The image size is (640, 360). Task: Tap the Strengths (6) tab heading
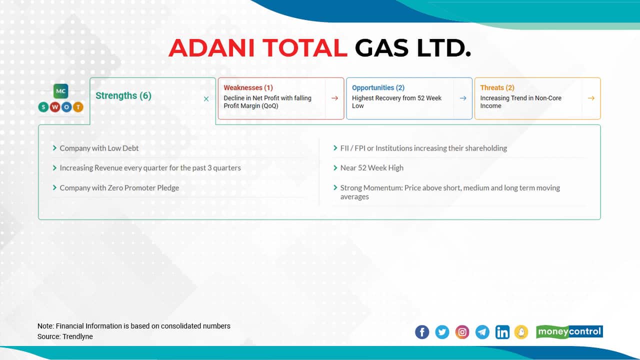click(123, 95)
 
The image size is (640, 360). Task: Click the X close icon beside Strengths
click(206, 99)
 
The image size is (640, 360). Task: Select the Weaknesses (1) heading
click(248, 87)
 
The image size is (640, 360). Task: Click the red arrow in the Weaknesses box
click(334, 98)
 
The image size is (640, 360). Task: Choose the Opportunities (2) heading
click(378, 87)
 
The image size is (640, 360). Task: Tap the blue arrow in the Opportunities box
click(462, 98)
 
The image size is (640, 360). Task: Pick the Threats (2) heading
click(497, 87)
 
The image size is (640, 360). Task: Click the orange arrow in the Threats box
click(591, 98)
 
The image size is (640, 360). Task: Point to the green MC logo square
click(61, 91)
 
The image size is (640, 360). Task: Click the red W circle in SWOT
click(55, 107)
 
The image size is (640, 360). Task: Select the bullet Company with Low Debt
click(99, 148)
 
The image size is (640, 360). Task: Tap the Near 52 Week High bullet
click(371, 168)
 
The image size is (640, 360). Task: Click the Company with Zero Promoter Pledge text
click(119, 188)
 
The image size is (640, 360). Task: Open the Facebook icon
click(422, 332)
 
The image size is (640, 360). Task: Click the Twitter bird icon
click(442, 332)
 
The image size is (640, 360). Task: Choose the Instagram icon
click(462, 332)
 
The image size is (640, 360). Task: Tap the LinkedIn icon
click(502, 332)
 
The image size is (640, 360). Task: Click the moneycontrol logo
click(569, 331)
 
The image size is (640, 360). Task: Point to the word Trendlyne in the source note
click(77, 336)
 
